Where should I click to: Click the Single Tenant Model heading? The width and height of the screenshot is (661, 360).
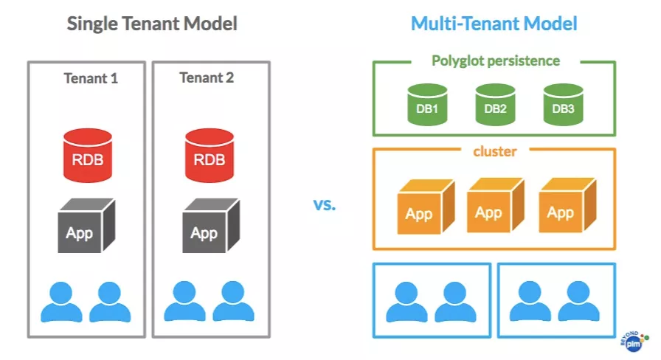(x=152, y=24)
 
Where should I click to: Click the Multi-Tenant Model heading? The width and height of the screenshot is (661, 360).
(x=494, y=24)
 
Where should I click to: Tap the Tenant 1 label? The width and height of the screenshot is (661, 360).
(x=91, y=78)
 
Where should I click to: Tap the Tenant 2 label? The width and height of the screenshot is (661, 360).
(x=207, y=77)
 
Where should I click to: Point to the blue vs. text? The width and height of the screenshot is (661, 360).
(x=324, y=204)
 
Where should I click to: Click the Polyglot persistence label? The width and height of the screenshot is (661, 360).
(x=496, y=60)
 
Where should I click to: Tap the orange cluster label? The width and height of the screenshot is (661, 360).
(x=494, y=152)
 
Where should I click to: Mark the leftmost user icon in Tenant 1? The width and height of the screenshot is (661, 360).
(x=61, y=302)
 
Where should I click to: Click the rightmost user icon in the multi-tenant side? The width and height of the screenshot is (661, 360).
(x=578, y=302)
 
